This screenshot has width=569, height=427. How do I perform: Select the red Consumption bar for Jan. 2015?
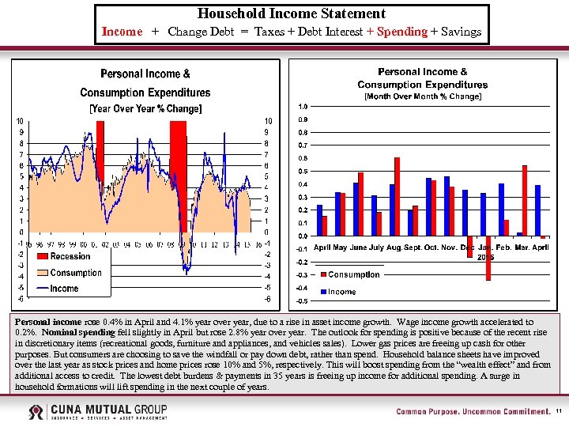click(x=488, y=258)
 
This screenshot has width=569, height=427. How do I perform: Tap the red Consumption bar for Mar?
click(x=525, y=200)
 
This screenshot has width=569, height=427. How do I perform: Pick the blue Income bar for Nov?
click(x=465, y=213)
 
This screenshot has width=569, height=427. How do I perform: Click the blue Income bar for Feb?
click(x=501, y=210)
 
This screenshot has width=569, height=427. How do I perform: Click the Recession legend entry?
click(x=70, y=256)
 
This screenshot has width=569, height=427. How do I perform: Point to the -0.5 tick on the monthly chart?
click(x=302, y=301)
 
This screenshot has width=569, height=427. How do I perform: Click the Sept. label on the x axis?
click(x=413, y=248)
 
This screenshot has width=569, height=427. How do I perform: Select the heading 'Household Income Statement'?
click(x=292, y=13)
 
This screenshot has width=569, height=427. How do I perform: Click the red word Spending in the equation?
click(x=401, y=32)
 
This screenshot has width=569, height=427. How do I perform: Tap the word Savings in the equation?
click(x=462, y=32)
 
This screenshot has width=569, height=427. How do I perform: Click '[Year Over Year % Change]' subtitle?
click(x=145, y=108)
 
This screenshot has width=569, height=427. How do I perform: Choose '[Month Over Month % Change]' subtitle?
click(x=422, y=96)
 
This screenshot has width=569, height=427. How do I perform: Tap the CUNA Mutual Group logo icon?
click(x=36, y=412)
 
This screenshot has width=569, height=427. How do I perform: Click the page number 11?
click(x=559, y=412)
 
